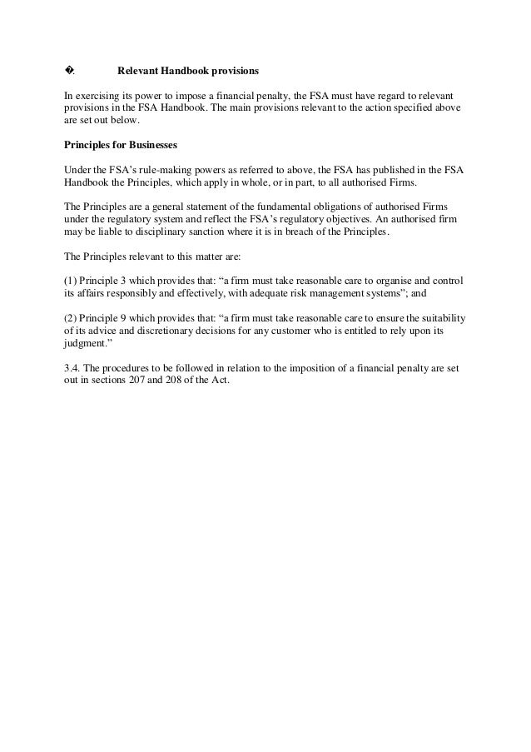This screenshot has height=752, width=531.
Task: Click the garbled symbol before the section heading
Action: coord(69,70)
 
